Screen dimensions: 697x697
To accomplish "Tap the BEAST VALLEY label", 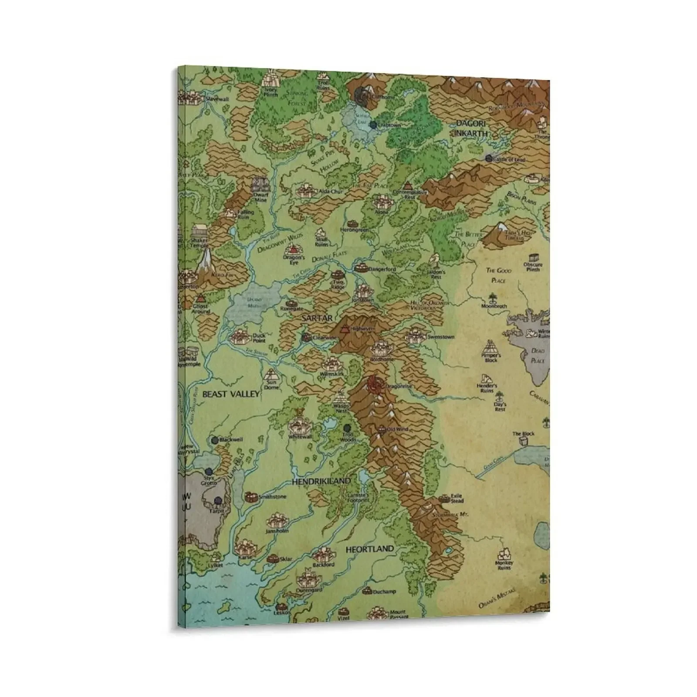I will click(231, 394).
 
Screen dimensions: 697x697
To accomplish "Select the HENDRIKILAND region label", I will click(321, 481).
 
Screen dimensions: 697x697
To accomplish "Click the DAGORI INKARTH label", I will click(470, 129).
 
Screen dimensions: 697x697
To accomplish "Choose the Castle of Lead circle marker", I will click(488, 158).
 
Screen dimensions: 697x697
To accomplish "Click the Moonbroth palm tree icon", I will click(493, 298).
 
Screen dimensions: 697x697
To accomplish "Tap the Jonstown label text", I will click(363, 300).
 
